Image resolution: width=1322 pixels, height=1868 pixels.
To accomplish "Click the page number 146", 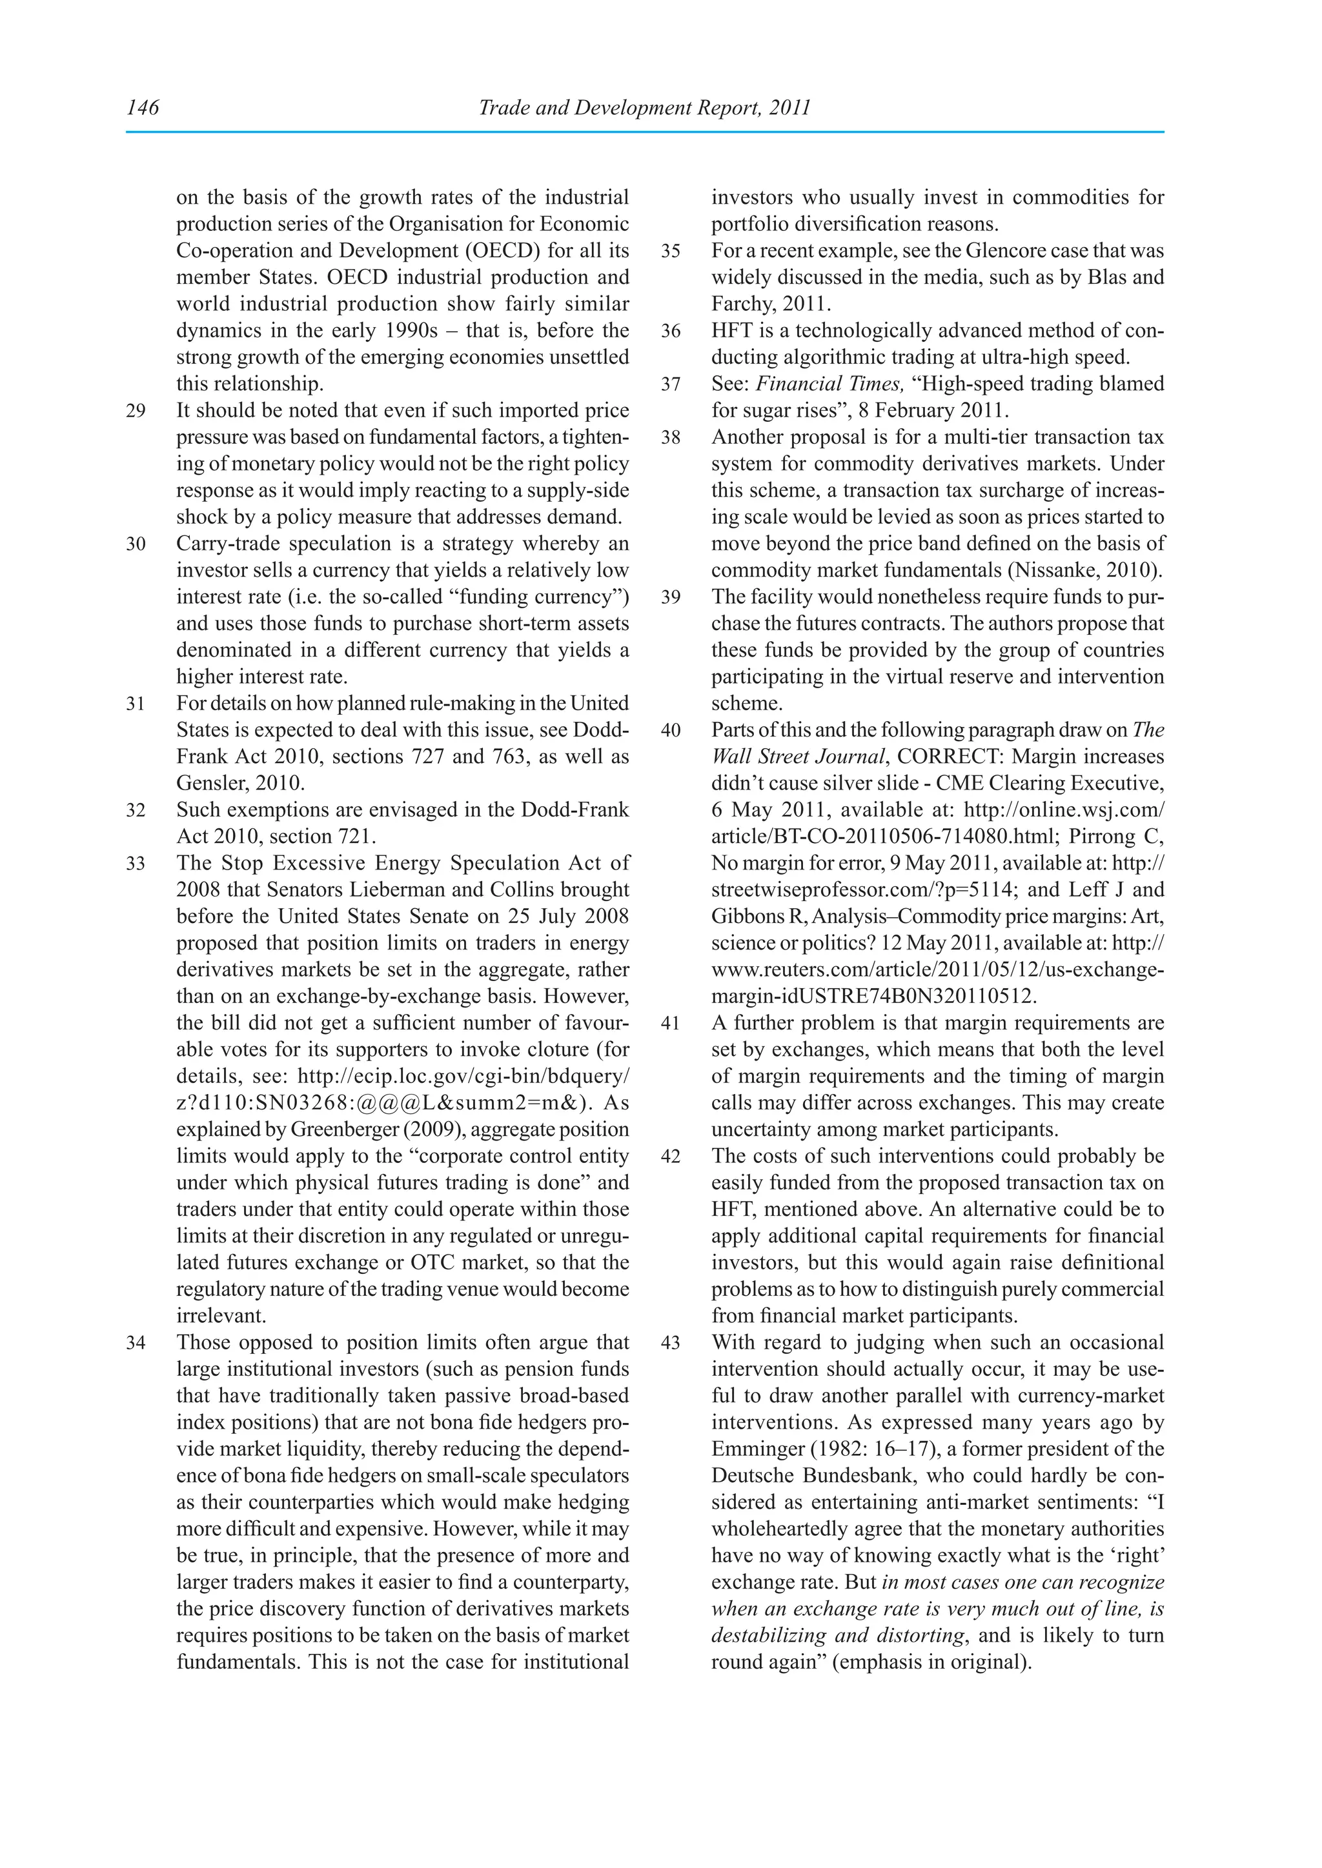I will coord(143,107).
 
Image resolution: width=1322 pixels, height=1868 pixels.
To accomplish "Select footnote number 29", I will coord(136,411).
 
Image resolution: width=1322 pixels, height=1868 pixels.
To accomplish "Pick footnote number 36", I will coord(670,331).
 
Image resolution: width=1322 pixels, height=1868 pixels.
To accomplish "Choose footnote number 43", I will coord(670,1342).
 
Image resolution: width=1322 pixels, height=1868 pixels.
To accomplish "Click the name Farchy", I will coord(742,304).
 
